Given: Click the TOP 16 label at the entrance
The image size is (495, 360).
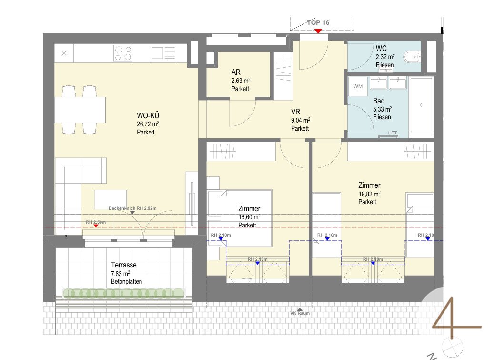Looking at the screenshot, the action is point(318,22).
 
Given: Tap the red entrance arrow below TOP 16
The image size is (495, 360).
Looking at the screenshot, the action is point(318,31).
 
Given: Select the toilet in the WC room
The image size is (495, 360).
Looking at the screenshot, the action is point(412,57).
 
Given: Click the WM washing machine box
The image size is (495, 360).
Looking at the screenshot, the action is point(358,86).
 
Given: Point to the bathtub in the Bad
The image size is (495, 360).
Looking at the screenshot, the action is point(422,104).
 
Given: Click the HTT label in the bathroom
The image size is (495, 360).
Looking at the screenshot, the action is point(393,133).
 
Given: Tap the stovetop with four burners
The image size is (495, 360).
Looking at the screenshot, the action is point(123,53).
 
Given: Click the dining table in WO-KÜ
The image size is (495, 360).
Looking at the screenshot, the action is point(80,109).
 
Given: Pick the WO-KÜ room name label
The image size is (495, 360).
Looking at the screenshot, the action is point(148,115).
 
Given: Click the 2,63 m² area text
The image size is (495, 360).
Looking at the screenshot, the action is point(241,81).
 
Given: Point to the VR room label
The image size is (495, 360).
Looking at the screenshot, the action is point(295,112).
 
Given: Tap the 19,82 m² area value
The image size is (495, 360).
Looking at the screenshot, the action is point(369,194).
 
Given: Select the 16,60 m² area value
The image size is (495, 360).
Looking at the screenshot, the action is point(249,217).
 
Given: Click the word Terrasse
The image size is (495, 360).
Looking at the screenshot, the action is point(124,265).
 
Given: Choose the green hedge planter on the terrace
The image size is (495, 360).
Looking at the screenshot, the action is point(123,294).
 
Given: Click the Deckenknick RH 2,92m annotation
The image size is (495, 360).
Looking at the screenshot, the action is point(132,208).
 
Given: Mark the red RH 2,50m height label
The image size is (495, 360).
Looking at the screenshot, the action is point(96,222).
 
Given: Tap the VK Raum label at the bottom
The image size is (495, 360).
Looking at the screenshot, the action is point(300,313).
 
